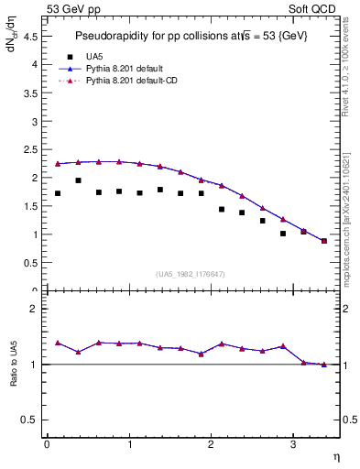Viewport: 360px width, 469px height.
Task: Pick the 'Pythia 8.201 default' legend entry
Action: tap(127, 69)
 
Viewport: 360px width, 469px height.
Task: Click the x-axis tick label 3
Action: tap(293, 444)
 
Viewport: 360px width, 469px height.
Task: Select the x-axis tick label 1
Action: tap(128, 444)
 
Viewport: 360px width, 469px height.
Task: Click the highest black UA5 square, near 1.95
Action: tap(78, 180)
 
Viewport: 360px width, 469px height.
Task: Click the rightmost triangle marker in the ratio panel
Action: tap(324, 365)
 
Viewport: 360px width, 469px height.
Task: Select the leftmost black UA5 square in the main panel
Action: tap(58, 193)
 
